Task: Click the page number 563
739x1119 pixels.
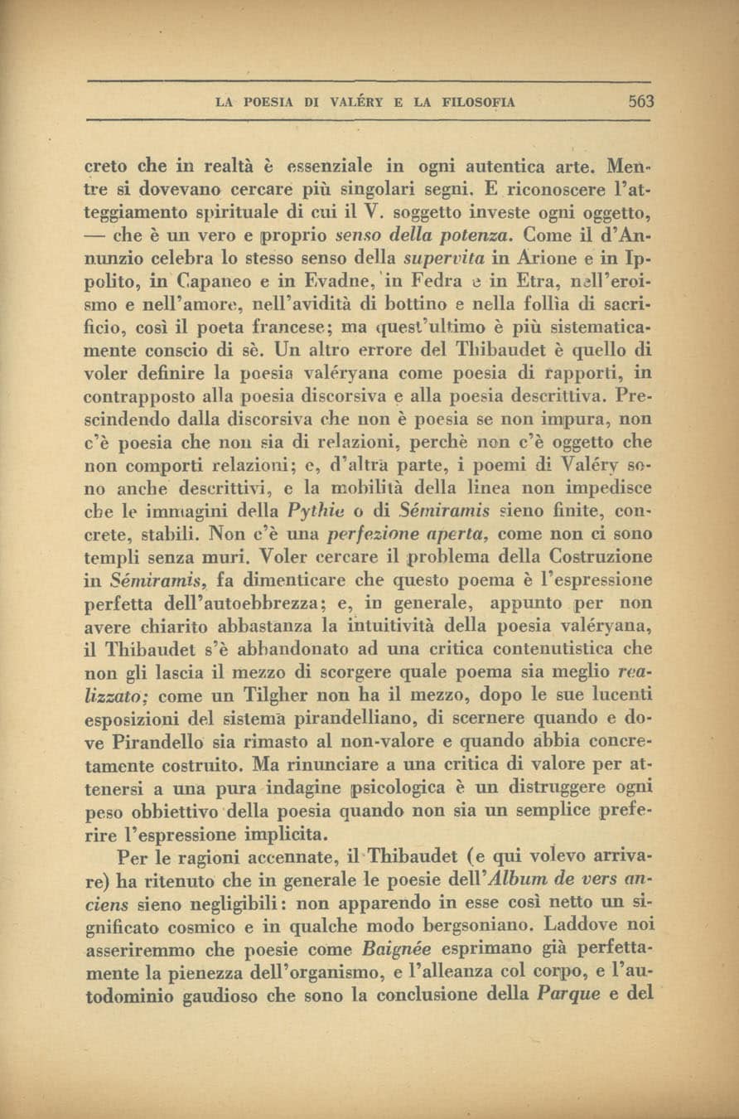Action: pyautogui.click(x=640, y=102)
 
